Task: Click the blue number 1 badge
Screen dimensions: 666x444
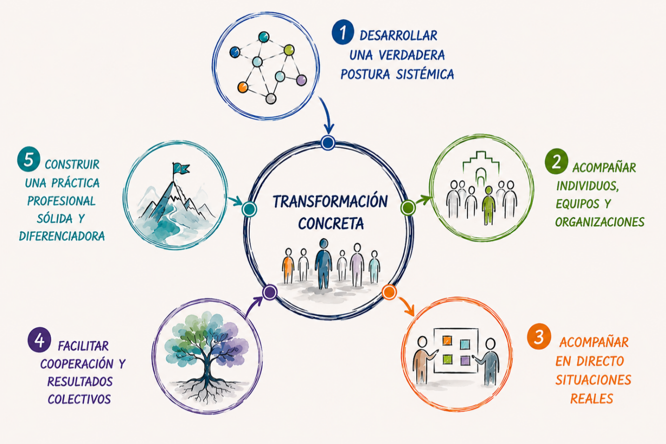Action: (342, 32)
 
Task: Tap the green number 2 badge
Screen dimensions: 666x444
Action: (556, 161)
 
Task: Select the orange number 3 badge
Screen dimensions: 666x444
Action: (539, 337)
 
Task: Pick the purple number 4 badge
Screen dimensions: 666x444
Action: (39, 340)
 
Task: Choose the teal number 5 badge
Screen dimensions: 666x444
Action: (28, 159)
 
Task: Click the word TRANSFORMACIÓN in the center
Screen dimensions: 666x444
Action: (330, 201)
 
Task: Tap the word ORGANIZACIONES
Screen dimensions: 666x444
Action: (600, 222)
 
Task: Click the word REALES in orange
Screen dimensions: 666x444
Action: (591, 398)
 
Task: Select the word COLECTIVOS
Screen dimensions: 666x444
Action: (79, 399)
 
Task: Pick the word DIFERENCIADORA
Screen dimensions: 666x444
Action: (62, 236)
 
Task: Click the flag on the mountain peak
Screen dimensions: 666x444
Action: (181, 169)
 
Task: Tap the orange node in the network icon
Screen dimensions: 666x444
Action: (243, 87)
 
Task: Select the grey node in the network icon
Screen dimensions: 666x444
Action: (271, 98)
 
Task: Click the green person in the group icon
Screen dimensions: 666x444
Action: (489, 206)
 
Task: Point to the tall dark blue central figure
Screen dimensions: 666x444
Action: (324, 264)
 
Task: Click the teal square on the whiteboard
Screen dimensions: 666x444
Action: (465, 344)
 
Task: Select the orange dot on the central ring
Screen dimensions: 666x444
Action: (389, 292)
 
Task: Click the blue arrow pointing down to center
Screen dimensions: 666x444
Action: (326, 115)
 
